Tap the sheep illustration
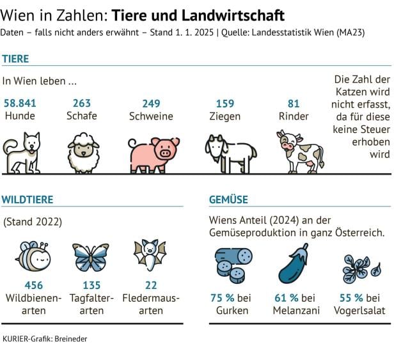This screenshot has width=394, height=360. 83,153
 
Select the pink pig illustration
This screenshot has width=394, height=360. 154,153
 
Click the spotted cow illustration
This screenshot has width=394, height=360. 299,151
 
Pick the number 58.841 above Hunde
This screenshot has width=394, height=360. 20,103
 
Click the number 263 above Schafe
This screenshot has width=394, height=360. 82,103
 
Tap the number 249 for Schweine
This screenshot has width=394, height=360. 151,103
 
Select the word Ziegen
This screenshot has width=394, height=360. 225,116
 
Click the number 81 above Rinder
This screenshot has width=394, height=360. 294,103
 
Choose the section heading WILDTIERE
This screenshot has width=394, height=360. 27,200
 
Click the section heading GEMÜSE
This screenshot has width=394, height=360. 228,200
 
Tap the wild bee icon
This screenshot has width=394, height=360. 33,256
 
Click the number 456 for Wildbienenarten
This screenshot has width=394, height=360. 33,285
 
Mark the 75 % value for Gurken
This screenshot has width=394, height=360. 223,298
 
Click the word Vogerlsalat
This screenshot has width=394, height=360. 359,311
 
